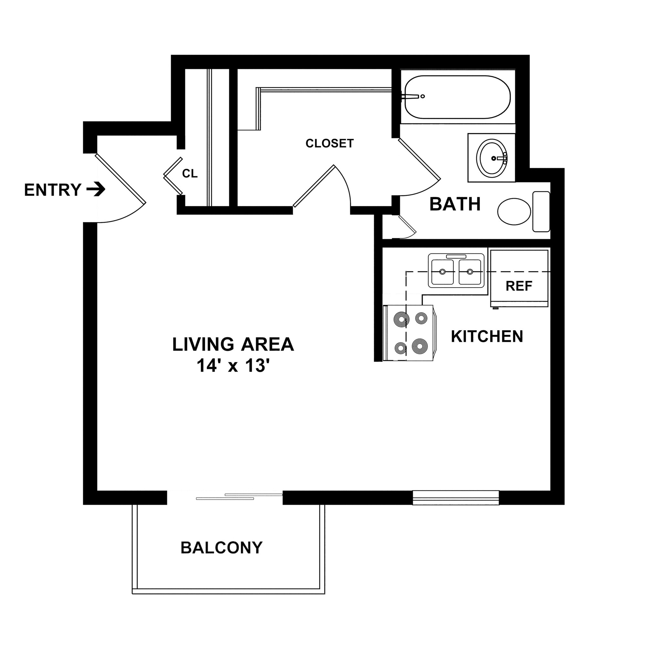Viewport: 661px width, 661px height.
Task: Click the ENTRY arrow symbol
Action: point(96,189)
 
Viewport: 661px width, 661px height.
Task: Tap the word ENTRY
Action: point(53,190)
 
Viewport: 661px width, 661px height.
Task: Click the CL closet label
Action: point(189,174)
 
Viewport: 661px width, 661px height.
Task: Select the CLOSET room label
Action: point(329,143)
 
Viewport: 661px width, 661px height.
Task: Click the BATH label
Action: point(455,204)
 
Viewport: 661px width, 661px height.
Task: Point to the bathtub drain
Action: point(423,97)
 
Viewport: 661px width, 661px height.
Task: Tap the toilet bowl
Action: point(514,211)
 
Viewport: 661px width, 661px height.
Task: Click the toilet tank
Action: point(541,211)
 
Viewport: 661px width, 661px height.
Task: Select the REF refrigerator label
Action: point(519,286)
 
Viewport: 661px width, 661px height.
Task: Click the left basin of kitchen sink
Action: point(442,272)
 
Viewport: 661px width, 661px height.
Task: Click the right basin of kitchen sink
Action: point(470,272)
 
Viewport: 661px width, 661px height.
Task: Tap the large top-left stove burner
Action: point(401,320)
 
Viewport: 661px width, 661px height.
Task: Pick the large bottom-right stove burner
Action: point(420,347)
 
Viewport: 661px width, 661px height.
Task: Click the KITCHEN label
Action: point(487,337)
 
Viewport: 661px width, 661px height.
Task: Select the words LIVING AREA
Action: point(233,344)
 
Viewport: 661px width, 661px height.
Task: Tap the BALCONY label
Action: point(221,548)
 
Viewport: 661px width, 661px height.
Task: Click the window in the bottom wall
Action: point(455,498)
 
